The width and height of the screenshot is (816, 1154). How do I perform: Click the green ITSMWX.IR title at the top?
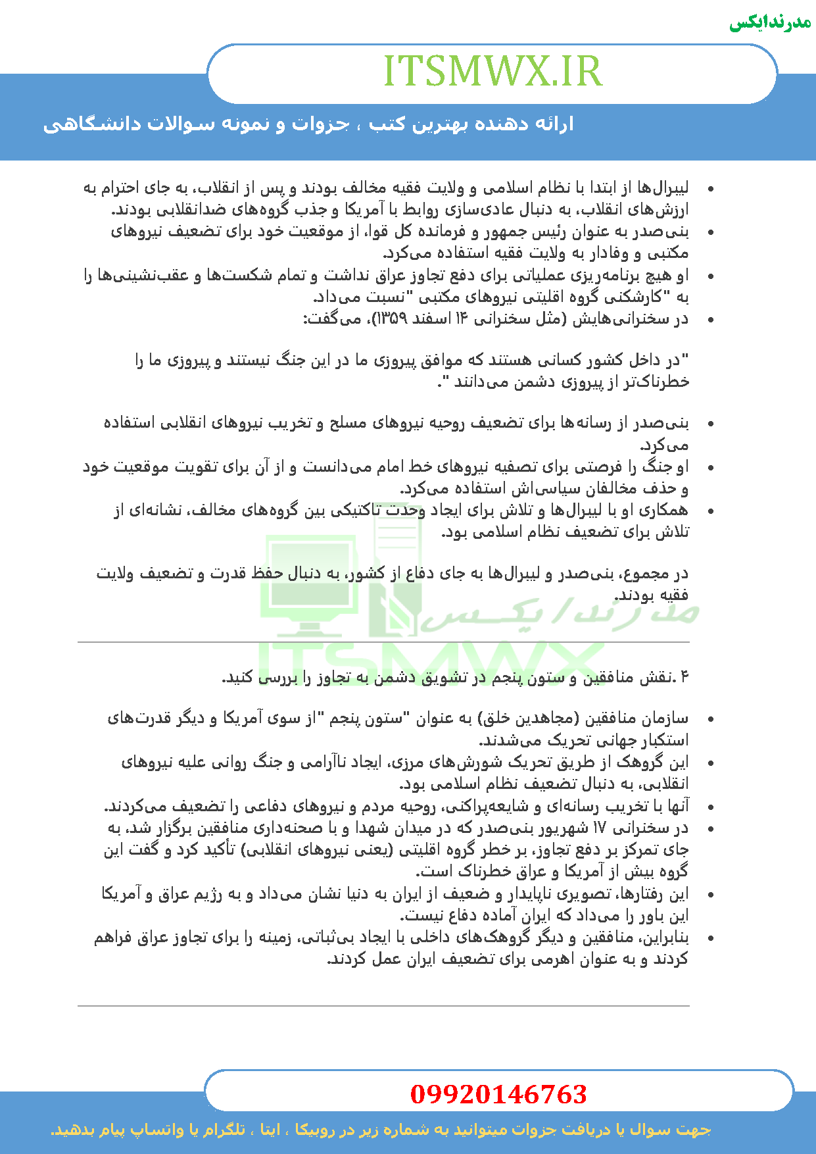(x=492, y=71)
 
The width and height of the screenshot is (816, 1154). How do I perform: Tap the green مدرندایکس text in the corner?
(x=770, y=22)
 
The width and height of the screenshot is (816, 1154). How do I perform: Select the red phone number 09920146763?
(x=498, y=1093)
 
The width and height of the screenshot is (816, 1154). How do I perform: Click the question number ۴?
(x=683, y=677)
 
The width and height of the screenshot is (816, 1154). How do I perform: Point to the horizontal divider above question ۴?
(x=383, y=641)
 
